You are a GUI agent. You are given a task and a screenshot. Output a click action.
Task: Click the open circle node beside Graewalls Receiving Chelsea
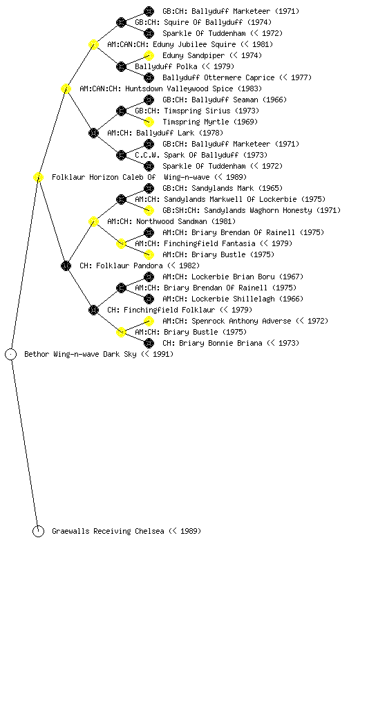[38, 531]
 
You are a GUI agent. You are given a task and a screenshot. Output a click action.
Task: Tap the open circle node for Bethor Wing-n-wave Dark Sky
[11, 354]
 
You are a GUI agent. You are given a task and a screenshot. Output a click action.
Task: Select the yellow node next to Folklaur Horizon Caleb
[38, 177]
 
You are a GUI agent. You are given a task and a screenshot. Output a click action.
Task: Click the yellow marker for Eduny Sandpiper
[149, 55]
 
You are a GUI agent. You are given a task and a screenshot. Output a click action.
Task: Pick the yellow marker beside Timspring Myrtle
[149, 122]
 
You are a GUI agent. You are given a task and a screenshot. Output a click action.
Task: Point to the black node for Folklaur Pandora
[66, 265]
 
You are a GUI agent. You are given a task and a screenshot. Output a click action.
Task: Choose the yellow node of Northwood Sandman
[93, 221]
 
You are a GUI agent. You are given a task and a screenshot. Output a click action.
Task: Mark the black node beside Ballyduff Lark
[93, 133]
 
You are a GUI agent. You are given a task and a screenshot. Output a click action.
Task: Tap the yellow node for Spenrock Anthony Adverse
[149, 321]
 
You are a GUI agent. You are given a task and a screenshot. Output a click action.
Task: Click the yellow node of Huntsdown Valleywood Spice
[66, 88]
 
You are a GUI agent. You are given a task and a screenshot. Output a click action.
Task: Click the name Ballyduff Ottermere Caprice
[218, 77]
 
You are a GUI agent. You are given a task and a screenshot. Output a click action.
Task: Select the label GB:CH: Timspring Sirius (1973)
[197, 111]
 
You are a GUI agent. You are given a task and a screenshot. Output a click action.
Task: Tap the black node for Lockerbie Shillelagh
[149, 299]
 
